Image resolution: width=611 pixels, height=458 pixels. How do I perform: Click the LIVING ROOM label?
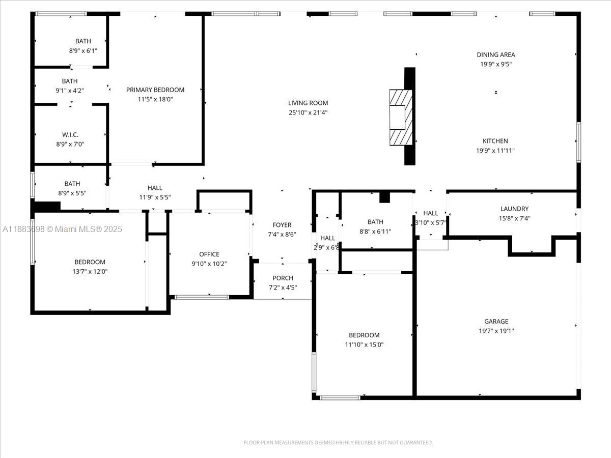308,103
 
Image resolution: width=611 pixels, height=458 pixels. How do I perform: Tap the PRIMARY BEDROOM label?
155,90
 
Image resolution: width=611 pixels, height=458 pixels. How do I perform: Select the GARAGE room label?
496,321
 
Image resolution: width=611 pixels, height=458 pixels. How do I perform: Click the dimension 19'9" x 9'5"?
495,64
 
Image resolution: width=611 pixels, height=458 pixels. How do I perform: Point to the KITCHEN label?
495,141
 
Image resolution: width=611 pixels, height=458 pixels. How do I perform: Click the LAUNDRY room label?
514,209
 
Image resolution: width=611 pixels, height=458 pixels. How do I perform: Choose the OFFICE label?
209,254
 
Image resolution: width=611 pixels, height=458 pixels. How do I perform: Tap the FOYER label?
282,225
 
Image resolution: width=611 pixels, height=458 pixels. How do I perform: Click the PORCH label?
283,278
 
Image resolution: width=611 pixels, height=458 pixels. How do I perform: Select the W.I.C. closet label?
70,135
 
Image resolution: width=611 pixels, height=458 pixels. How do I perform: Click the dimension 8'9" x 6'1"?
83,51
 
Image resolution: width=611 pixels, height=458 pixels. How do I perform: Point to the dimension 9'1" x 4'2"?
70,91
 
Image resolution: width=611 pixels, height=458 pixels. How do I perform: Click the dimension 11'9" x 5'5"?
155,197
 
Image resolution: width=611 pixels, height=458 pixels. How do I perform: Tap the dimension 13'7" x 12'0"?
90,272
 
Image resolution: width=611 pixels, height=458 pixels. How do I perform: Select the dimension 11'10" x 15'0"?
364,345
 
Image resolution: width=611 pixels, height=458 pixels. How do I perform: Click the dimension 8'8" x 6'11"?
375,232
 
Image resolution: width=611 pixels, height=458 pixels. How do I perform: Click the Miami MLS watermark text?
62,230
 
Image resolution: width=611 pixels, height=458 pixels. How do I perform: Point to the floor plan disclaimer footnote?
338,443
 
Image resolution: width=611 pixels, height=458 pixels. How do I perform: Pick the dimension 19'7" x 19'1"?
496,331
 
